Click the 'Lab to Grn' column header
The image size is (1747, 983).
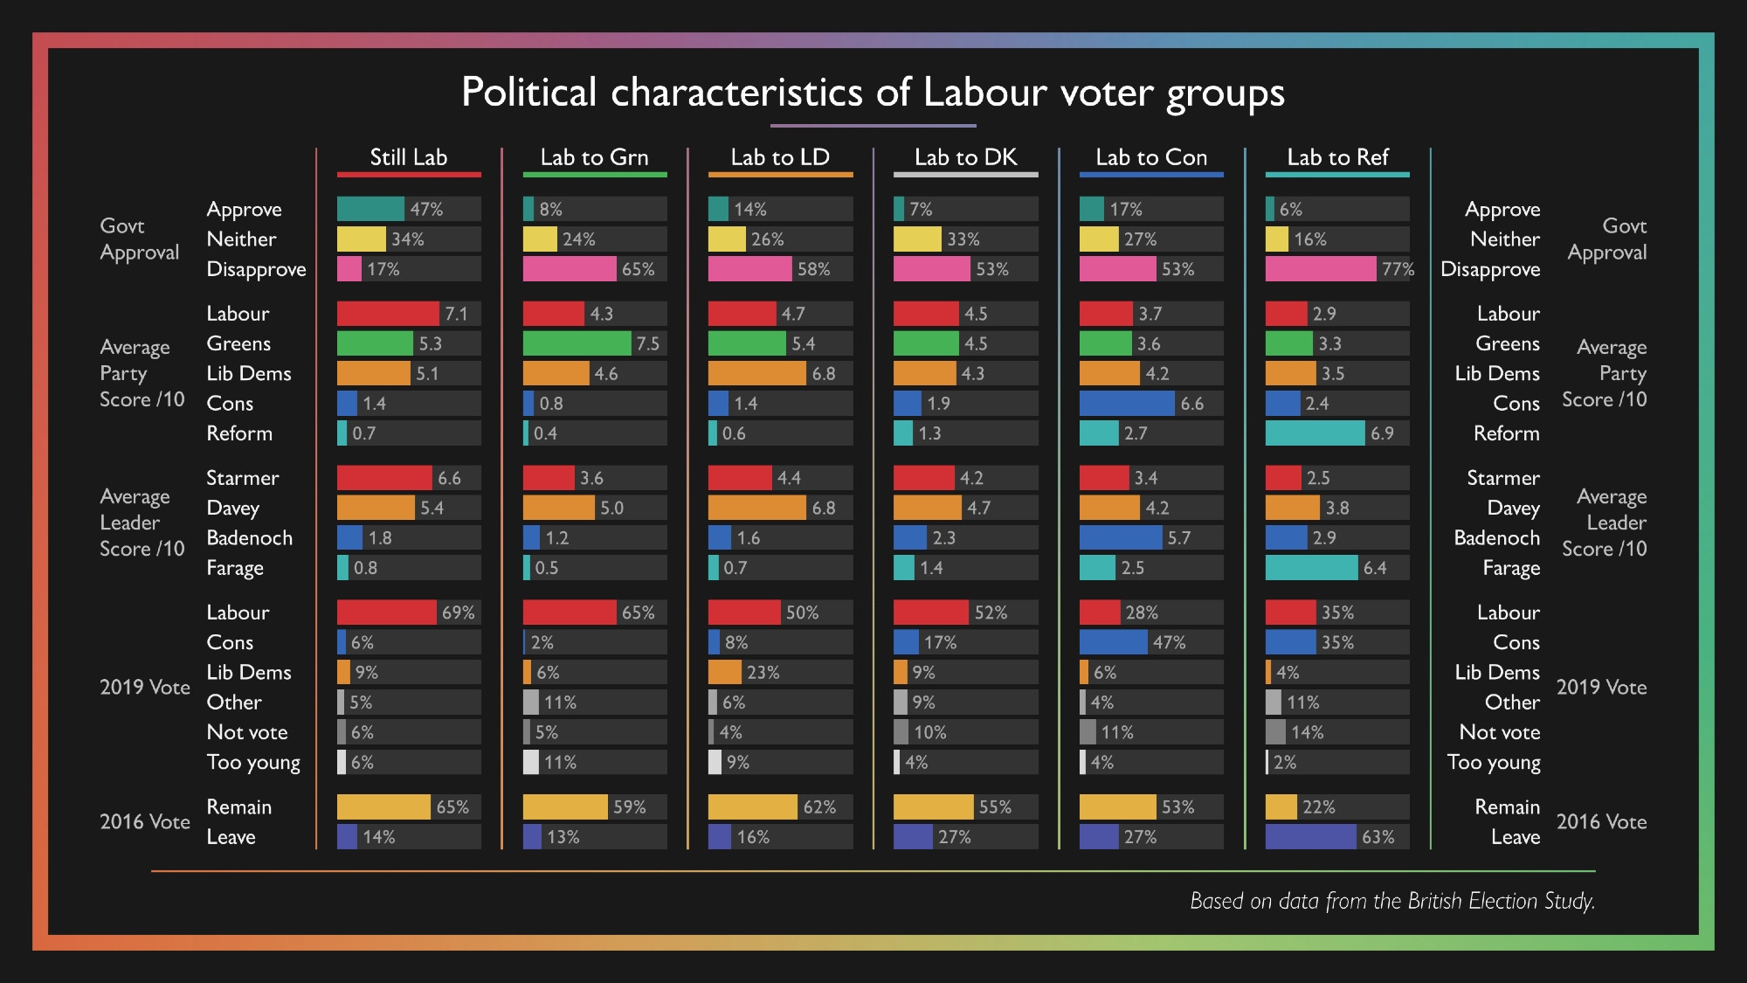(594, 157)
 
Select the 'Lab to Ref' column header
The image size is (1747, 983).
(1337, 157)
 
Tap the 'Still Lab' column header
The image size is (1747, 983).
(408, 157)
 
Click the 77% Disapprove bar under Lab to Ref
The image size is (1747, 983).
(1320, 269)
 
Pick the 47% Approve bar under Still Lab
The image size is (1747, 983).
(370, 209)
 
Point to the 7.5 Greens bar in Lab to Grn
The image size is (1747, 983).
(577, 343)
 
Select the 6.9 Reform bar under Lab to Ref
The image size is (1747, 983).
(1315, 433)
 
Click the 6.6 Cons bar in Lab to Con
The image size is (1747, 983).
(1127, 404)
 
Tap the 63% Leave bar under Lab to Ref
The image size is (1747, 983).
(1310, 837)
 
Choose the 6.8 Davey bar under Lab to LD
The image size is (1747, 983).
(756, 508)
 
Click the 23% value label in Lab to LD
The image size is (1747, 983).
(763, 673)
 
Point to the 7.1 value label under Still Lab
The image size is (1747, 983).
(456, 314)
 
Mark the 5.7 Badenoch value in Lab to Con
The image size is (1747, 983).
(1178, 538)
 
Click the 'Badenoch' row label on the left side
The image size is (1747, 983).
(249, 538)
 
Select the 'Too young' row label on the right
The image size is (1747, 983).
(1494, 763)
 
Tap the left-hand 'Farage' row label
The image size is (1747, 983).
(234, 568)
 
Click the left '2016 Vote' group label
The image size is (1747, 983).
(144, 822)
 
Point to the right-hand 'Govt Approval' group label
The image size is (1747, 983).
(1607, 239)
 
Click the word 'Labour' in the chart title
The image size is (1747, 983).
(984, 93)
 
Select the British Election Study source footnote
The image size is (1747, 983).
(1392, 901)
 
